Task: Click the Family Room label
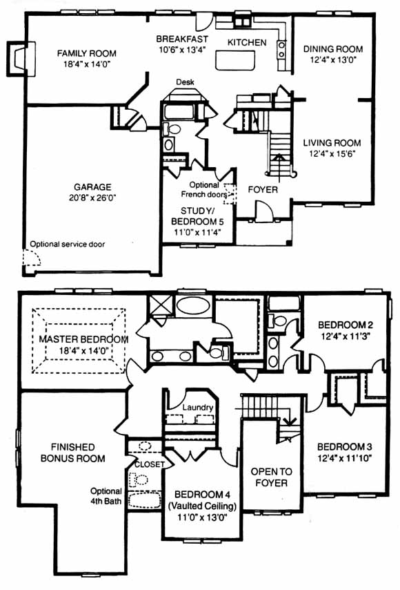pyautogui.click(x=87, y=53)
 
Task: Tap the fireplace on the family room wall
pyautogui.click(x=21, y=59)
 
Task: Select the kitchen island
pyautogui.click(x=235, y=60)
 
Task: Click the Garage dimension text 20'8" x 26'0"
pyautogui.click(x=92, y=198)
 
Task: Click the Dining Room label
pyautogui.click(x=333, y=49)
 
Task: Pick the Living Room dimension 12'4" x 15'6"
pyautogui.click(x=332, y=153)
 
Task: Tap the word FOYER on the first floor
pyautogui.click(x=263, y=189)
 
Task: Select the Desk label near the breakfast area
pyautogui.click(x=185, y=82)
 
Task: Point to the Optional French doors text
pyautogui.click(x=204, y=189)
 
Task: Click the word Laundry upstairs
pyautogui.click(x=198, y=408)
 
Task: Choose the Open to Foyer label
pyautogui.click(x=271, y=477)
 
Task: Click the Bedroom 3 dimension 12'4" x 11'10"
pyautogui.click(x=344, y=458)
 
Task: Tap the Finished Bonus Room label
pyautogui.click(x=73, y=453)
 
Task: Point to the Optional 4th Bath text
pyautogui.click(x=106, y=496)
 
